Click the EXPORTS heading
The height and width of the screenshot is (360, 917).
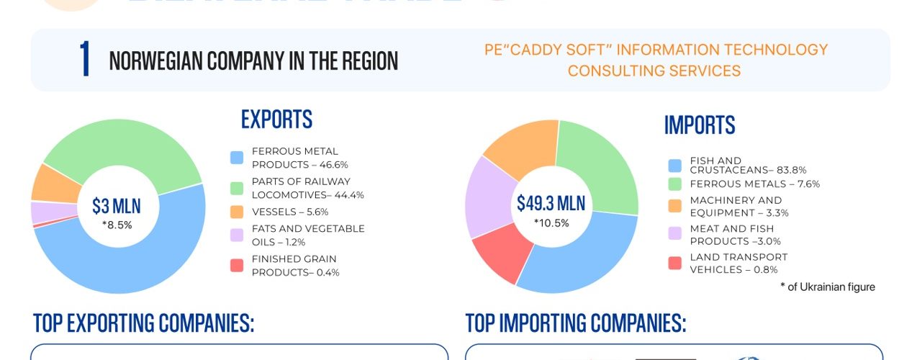[x=276, y=120]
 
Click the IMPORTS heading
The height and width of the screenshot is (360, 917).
[x=699, y=125]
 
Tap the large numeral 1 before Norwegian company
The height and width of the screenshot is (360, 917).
[x=86, y=60]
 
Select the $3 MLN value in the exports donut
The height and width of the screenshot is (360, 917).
[x=117, y=207]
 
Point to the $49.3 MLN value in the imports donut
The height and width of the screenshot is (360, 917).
[x=551, y=204]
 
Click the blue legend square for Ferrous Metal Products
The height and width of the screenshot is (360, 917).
[x=237, y=158]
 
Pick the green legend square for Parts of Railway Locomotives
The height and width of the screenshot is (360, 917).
[x=237, y=188]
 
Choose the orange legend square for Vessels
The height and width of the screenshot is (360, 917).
[x=237, y=212]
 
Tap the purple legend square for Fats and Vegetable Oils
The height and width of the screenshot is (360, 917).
[x=237, y=235]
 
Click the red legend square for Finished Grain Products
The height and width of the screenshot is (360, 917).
[x=237, y=266]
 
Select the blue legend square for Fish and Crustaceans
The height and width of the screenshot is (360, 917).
[x=674, y=166]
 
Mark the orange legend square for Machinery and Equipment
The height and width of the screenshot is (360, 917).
[x=674, y=206]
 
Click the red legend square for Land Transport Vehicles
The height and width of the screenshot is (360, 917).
[x=674, y=263]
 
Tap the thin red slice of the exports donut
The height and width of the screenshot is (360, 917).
[x=35, y=225]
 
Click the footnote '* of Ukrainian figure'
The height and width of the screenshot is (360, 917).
[x=828, y=287]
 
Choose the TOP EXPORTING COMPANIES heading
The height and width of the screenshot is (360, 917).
[x=144, y=324]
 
